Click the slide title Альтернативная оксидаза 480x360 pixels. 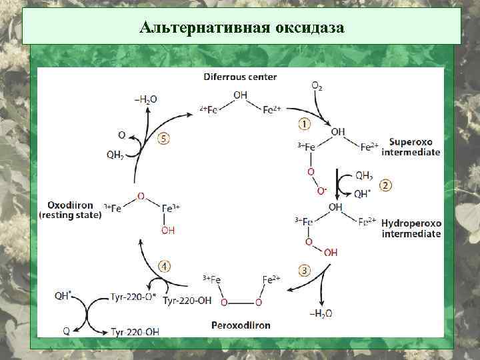pos(241,28)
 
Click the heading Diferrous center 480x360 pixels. pos(240,77)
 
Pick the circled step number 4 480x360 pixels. pos(164,265)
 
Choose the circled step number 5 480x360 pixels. pos(163,139)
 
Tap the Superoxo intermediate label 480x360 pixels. pos(411,147)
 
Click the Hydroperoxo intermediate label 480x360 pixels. pos(411,228)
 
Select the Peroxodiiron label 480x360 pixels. pos(241,325)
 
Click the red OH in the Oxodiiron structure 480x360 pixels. pos(168,231)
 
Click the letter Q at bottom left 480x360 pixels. pos(66,330)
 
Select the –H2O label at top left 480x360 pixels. pos(145,99)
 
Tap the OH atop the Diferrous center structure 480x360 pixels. pos(240,95)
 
